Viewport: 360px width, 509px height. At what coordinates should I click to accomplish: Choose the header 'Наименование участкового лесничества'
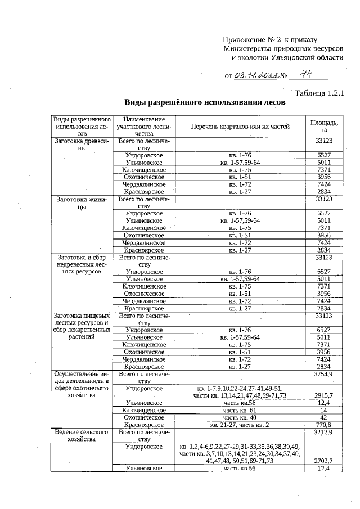[145, 127]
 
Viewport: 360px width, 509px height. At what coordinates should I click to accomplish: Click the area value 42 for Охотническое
[324, 417]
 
